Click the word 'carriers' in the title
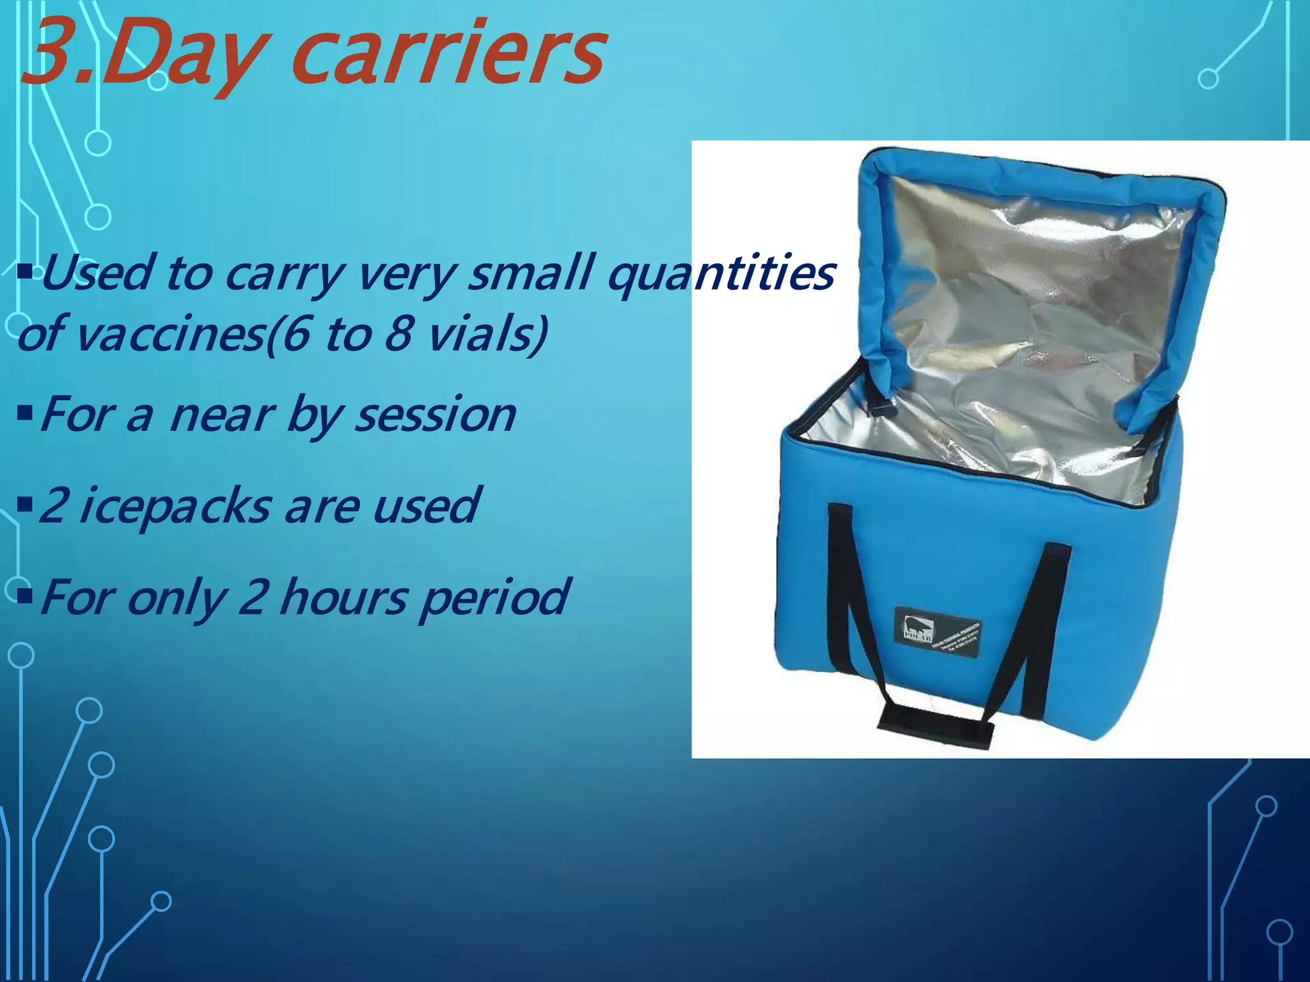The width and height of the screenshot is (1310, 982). click(x=448, y=54)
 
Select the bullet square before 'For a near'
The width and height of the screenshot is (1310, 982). click(x=25, y=415)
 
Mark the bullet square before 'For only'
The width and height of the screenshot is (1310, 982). click(x=25, y=597)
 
